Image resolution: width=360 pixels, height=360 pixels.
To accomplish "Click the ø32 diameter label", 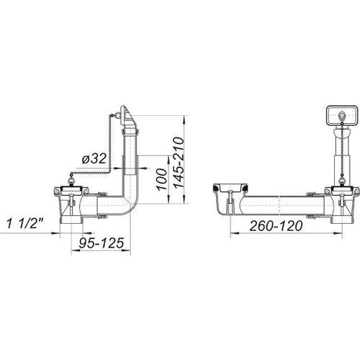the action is click(94, 159).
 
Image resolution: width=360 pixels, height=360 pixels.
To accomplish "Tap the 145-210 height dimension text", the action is click(179, 163).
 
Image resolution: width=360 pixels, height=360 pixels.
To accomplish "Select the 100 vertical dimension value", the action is click(162, 179).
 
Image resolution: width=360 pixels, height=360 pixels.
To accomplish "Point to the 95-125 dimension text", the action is click(102, 243).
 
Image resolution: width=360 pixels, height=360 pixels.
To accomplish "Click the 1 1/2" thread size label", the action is click(24, 223).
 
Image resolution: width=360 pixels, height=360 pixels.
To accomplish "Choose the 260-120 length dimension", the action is click(276, 226).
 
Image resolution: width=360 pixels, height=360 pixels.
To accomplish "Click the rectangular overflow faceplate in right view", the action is click(341, 117).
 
